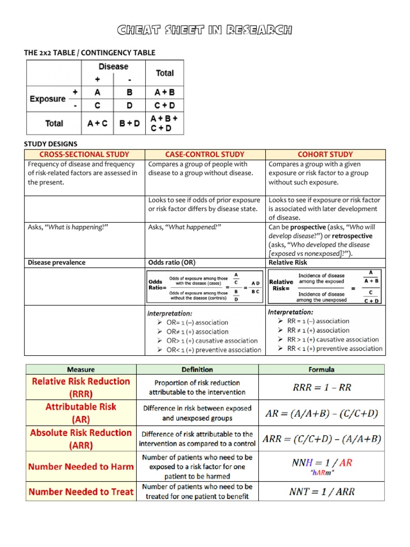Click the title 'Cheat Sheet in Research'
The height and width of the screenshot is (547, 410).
click(x=205, y=30)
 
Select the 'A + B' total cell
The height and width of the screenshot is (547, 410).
click(x=164, y=92)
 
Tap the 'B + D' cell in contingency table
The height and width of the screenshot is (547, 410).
click(x=130, y=123)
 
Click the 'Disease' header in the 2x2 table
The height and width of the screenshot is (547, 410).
click(x=113, y=67)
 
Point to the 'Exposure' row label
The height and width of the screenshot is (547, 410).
click(x=48, y=99)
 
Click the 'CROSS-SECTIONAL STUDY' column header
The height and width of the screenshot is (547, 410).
click(x=84, y=154)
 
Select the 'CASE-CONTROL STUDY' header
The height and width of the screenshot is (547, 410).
click(x=205, y=154)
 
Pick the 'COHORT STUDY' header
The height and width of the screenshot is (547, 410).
click(x=325, y=154)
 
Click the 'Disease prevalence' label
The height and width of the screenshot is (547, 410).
click(x=57, y=262)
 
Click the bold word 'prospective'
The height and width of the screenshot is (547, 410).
click(x=308, y=227)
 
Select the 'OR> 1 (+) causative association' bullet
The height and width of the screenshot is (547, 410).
click(x=204, y=341)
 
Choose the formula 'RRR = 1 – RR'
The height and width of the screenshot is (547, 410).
click(x=322, y=387)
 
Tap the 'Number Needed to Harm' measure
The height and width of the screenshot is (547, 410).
click(x=81, y=466)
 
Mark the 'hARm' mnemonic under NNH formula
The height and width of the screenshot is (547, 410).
click(x=322, y=473)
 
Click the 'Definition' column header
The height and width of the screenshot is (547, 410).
click(x=197, y=369)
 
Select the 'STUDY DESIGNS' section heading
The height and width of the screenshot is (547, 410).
click(x=51, y=144)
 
